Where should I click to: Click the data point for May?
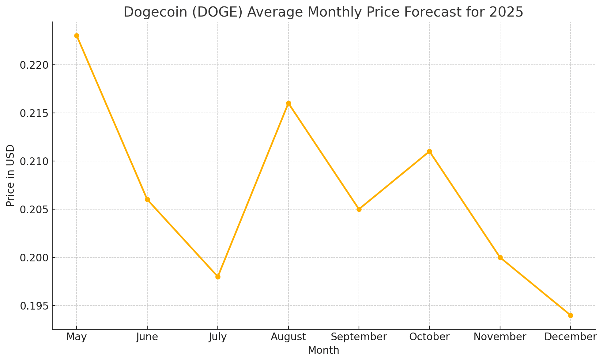click(x=77, y=36)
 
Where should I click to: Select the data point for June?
click(x=147, y=200)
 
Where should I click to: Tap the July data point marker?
click(x=218, y=277)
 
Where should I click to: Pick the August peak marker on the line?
click(x=288, y=103)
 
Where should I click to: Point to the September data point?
click(x=359, y=209)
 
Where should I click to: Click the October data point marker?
click(x=429, y=152)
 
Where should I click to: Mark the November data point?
click(x=500, y=257)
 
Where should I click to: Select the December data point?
click(x=571, y=315)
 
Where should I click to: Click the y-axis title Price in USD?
click(x=10, y=175)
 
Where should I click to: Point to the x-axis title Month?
click(x=323, y=350)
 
